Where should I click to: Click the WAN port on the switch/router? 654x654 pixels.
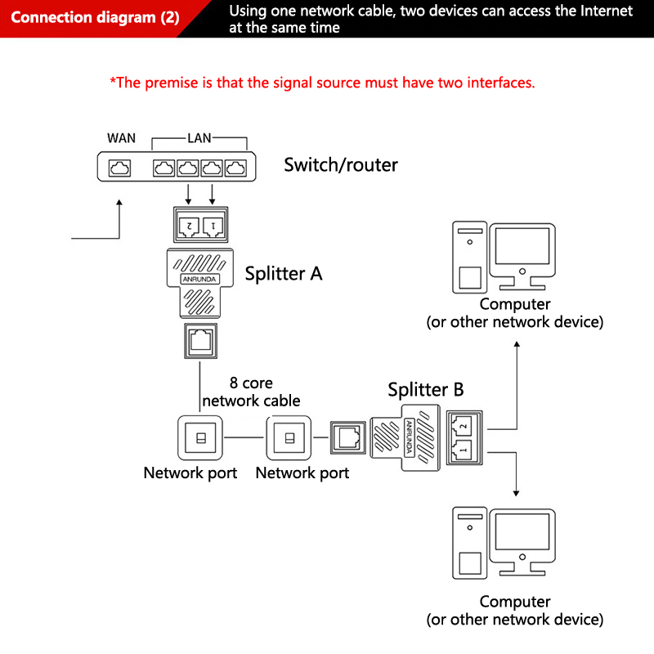pos(120,168)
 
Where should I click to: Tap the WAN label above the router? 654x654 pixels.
pos(121,138)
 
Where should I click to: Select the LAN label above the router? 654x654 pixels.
pos(199,138)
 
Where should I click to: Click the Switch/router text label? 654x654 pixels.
pos(340,165)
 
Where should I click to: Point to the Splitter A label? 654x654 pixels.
pos(284,273)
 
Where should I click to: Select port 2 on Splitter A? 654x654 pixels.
pos(189,223)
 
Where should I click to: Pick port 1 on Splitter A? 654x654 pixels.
pos(213,223)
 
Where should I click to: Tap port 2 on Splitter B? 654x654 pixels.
pos(463,425)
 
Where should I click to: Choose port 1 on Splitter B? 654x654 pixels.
pos(463,449)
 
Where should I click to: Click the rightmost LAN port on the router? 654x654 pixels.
pos(235,168)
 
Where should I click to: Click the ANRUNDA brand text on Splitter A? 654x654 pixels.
pos(200,280)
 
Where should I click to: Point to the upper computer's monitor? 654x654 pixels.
pos(522,248)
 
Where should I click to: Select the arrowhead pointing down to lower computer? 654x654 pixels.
pos(516,492)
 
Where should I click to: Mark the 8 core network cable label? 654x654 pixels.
pos(251,392)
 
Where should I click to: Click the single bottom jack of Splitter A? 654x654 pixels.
pos(200,339)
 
